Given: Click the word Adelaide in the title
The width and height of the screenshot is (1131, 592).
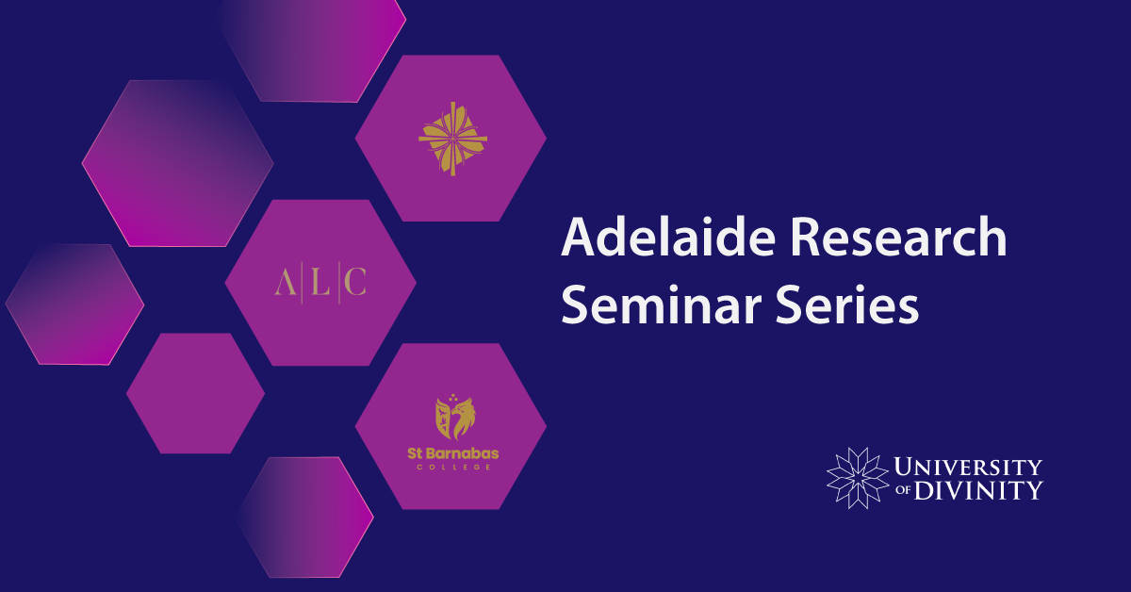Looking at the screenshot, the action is (x=668, y=237).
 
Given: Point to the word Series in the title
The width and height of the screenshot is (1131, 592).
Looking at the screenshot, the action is (x=847, y=304).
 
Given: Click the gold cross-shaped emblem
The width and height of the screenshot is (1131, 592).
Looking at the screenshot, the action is (x=453, y=139).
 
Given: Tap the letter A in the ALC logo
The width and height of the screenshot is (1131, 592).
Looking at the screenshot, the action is (x=286, y=282).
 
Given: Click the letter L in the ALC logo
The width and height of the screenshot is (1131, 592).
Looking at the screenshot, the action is (x=320, y=282).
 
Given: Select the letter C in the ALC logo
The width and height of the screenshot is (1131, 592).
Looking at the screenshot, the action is (x=355, y=282).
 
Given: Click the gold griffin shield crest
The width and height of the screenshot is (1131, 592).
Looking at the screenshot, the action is (x=455, y=417).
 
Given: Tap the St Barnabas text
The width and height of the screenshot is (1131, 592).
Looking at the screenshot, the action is (x=453, y=453).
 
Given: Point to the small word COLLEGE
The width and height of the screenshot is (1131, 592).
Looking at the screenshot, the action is (x=453, y=468).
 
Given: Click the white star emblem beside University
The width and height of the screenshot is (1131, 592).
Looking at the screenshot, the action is (x=858, y=478).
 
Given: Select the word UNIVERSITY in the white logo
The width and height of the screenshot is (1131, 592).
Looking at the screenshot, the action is (x=968, y=467).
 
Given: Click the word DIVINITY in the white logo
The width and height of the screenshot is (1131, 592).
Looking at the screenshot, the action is (x=978, y=490).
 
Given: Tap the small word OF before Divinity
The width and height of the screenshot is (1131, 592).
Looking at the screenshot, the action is (x=903, y=490).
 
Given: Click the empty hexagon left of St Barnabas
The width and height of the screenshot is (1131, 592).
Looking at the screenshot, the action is (x=195, y=393).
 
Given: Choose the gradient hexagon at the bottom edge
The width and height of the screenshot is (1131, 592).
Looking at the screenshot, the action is (x=304, y=518).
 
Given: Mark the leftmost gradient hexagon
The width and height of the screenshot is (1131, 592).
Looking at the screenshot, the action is (x=74, y=304).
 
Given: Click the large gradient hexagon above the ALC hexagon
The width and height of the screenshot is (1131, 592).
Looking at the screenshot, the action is (x=178, y=163).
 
